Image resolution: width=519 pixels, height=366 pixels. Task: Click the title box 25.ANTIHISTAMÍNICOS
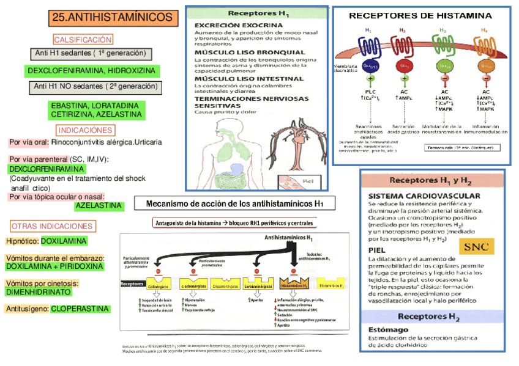(x=113, y=17)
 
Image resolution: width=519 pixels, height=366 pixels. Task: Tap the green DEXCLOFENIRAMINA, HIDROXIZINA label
(x=91, y=71)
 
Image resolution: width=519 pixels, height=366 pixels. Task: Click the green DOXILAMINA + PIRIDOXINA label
(x=54, y=267)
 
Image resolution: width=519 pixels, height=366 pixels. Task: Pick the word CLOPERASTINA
(x=80, y=309)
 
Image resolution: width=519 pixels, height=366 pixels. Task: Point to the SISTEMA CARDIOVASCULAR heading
(x=415, y=196)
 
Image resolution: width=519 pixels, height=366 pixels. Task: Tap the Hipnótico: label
(x=23, y=241)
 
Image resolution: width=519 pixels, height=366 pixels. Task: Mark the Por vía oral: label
(x=29, y=142)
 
